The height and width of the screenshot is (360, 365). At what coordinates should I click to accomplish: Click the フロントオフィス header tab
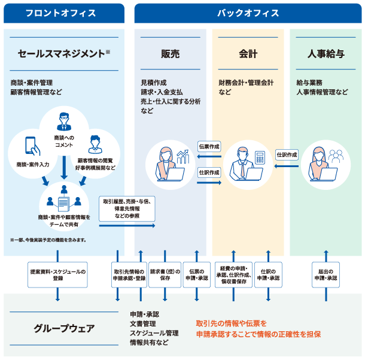point(62,13)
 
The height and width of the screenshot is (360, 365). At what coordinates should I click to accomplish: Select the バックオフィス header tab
point(247,13)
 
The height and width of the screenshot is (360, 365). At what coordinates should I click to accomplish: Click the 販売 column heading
point(170,54)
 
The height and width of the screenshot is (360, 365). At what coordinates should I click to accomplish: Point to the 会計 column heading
point(248,54)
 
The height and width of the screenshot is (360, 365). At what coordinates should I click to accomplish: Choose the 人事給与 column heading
point(326,54)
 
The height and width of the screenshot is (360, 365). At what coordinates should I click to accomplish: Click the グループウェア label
point(64,328)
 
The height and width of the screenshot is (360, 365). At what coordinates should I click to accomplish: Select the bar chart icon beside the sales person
point(182,157)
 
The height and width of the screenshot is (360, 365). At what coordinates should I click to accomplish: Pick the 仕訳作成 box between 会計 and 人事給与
point(287,155)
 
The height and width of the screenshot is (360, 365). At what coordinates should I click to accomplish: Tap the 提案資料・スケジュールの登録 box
point(58,275)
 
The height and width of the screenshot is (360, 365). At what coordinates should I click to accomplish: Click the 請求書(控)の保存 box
point(165,275)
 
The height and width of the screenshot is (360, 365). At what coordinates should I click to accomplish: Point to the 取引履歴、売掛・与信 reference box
point(127,207)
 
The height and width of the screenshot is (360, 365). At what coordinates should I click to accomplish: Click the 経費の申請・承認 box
point(233,275)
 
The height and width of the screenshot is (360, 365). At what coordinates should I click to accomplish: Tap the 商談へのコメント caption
point(63,141)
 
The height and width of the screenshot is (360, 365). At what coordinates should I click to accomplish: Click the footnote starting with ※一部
point(48,240)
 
